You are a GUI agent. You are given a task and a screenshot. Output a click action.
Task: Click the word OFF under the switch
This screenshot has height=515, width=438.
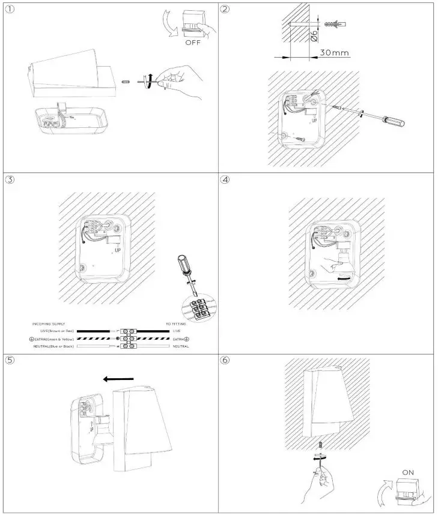tap(193, 43)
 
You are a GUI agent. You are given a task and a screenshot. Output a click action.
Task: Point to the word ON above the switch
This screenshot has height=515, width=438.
tap(408, 472)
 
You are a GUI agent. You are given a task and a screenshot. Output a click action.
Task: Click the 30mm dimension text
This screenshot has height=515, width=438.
tap(334, 53)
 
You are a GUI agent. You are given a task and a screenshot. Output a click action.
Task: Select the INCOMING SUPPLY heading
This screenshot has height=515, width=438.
tap(49, 324)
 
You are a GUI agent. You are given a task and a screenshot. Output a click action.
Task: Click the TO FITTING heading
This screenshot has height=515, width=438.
tap(176, 324)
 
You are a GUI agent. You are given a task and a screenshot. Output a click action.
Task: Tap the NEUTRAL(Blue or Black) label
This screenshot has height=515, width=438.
tap(53, 346)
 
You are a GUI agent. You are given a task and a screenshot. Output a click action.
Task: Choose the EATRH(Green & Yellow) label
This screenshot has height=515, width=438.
tap(52, 339)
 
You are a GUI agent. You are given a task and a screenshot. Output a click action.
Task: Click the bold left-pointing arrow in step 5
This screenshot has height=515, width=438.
tap(118, 379)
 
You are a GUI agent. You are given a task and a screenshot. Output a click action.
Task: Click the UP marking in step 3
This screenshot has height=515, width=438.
tap(117, 250)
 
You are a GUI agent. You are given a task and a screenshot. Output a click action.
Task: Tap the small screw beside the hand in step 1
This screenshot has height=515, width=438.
tap(126, 80)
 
